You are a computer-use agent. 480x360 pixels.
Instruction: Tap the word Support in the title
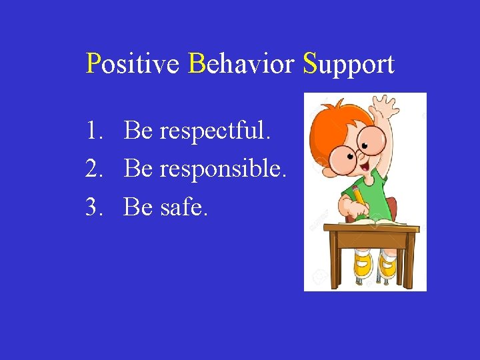pyautogui.click(x=349, y=65)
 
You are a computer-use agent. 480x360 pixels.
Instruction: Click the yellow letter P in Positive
pyautogui.click(x=93, y=64)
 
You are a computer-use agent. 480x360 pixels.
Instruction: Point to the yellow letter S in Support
pyautogui.click(x=309, y=64)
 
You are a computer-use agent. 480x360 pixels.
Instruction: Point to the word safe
pyautogui.click(x=184, y=208)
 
